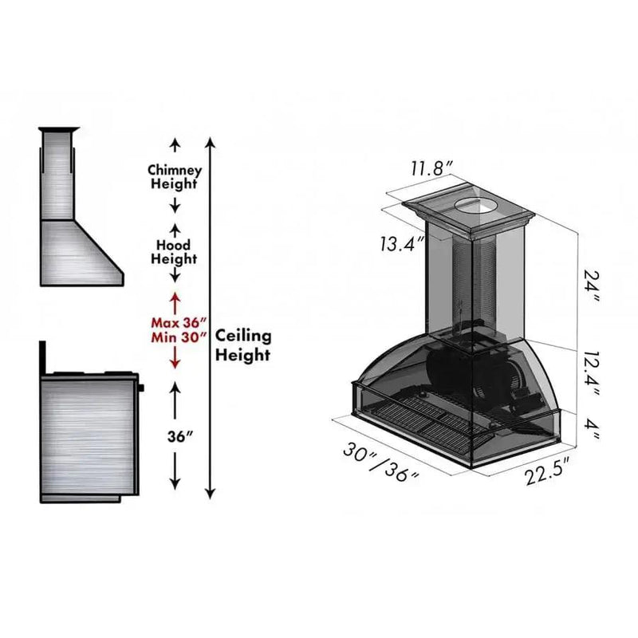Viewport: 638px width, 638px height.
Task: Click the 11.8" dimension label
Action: (x=431, y=167)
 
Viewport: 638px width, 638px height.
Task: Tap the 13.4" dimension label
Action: (x=403, y=244)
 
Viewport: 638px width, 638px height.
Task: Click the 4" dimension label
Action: (x=591, y=428)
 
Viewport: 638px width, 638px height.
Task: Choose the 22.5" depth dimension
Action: (x=546, y=471)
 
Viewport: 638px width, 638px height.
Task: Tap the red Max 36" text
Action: (x=179, y=323)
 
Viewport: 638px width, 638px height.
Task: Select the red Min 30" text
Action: (x=179, y=337)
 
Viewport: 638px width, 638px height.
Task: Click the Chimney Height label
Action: (x=175, y=176)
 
